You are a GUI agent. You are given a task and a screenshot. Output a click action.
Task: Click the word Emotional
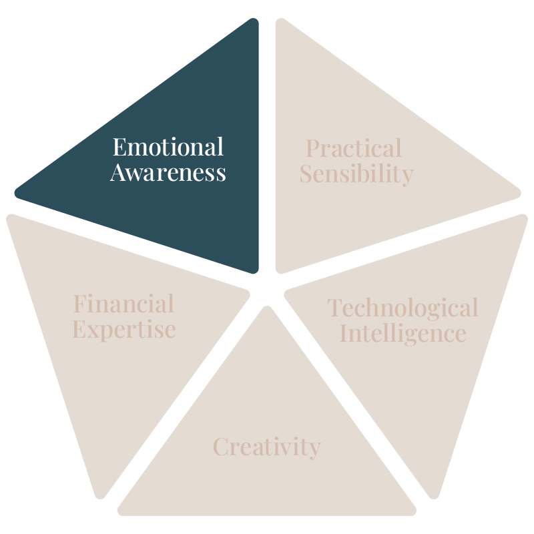pyautogui.click(x=168, y=147)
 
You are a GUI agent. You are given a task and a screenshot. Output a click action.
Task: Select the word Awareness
pyautogui.click(x=168, y=174)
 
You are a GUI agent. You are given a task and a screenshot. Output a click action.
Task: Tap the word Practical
pyautogui.click(x=354, y=148)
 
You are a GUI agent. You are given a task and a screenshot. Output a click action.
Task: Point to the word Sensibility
pyautogui.click(x=356, y=174)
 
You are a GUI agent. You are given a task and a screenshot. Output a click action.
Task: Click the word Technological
pyautogui.click(x=403, y=308)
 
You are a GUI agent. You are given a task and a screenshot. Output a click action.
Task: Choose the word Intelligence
pyautogui.click(x=403, y=332)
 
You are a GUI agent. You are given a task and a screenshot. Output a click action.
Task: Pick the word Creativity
pyautogui.click(x=267, y=447)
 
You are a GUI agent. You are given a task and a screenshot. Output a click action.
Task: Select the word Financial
pyautogui.click(x=123, y=304)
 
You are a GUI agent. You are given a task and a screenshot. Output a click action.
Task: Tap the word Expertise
pyautogui.click(x=124, y=330)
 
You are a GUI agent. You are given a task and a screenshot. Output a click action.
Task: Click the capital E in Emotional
pyautogui.click(x=118, y=147)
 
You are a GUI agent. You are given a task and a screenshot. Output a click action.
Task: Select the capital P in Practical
pyautogui.click(x=312, y=148)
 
